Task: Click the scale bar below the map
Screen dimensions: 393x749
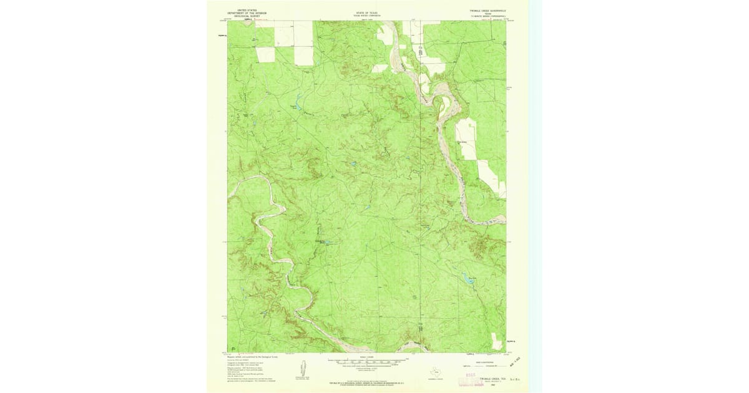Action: click(368, 361)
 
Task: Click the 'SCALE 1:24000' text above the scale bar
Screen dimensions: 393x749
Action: click(368, 356)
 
